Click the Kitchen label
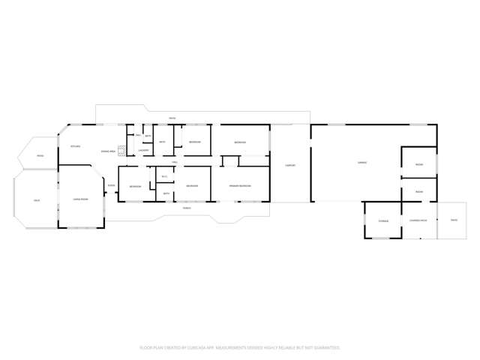point(75,145)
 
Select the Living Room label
point(80,199)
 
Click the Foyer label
point(111,185)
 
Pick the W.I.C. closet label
point(164,177)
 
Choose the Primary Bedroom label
point(239,185)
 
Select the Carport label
point(289,165)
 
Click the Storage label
point(383,220)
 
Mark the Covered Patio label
point(418,220)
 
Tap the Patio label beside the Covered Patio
point(453,220)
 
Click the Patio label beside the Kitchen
point(40,155)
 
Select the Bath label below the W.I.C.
point(166,193)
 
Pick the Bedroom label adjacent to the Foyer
point(135,186)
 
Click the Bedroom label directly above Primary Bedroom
point(239,142)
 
